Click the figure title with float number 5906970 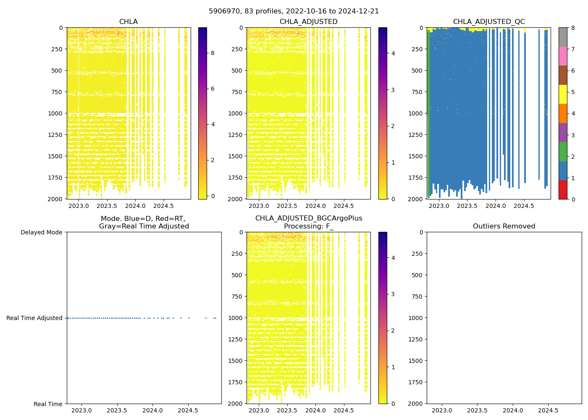click(294, 11)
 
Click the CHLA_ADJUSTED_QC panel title click(488, 22)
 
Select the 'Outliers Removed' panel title click(504, 226)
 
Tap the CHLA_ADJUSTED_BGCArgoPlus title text click(309, 218)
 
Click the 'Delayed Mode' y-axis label click(41, 232)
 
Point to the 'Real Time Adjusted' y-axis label click(34, 318)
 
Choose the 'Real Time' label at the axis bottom click(48, 404)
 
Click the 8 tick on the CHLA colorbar click(213, 53)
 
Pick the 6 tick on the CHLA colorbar click(213, 89)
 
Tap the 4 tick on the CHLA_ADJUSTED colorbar click(393, 53)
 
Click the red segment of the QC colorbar click(563, 189)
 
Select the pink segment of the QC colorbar click(563, 56)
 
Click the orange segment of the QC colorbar click(563, 113)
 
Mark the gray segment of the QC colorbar click(563, 37)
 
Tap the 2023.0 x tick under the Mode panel click(81, 410)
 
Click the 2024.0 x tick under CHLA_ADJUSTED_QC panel click(496, 206)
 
